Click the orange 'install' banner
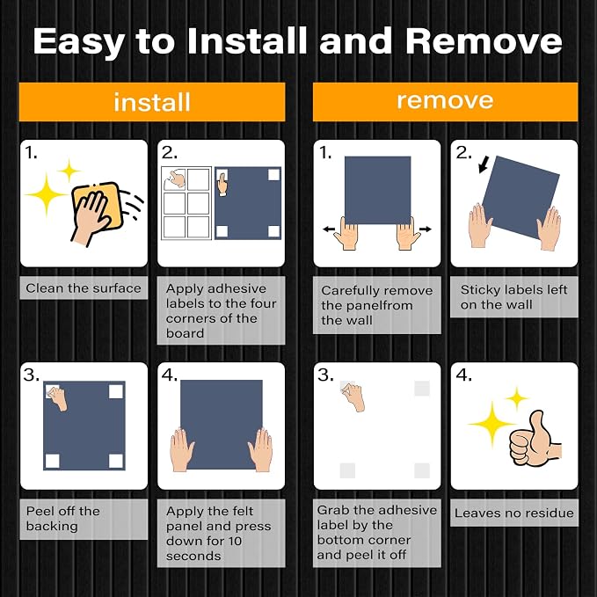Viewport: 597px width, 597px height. [152, 102]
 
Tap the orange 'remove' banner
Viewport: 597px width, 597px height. [445, 102]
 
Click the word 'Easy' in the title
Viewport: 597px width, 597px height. [79, 42]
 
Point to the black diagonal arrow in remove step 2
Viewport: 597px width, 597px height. [484, 164]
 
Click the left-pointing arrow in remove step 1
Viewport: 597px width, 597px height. [329, 229]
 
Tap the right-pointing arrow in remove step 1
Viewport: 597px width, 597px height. [426, 229]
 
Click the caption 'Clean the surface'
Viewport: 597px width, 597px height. [84, 288]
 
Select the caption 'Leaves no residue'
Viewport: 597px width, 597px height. [514, 513]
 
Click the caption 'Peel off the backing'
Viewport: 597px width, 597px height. [62, 518]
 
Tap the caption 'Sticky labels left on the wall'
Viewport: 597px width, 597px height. [513, 297]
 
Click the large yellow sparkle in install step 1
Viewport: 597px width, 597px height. [47, 194]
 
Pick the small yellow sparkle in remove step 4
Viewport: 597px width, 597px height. [517, 398]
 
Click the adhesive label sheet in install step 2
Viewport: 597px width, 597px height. [186, 203]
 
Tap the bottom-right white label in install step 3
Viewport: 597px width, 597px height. [116, 461]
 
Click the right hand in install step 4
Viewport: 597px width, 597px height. [261, 449]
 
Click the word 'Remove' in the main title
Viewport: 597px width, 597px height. [484, 40]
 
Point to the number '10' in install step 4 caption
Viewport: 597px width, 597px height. [235, 541]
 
